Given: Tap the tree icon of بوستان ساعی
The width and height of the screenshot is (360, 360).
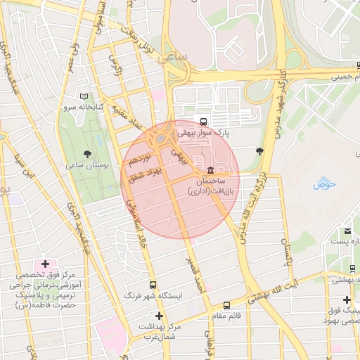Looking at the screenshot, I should tap(88, 153).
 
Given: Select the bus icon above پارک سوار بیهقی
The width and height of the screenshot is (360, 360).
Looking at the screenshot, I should tap(204, 121).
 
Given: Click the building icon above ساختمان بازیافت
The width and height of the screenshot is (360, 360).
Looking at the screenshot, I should tap(211, 171).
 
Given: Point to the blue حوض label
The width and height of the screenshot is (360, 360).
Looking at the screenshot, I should tap(325, 184).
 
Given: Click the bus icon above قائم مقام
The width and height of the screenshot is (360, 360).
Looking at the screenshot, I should tap(226, 305).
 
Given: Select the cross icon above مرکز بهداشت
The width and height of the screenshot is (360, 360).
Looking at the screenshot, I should tap(160, 316).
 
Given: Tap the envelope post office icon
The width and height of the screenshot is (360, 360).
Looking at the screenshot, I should tap(347, 231).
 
